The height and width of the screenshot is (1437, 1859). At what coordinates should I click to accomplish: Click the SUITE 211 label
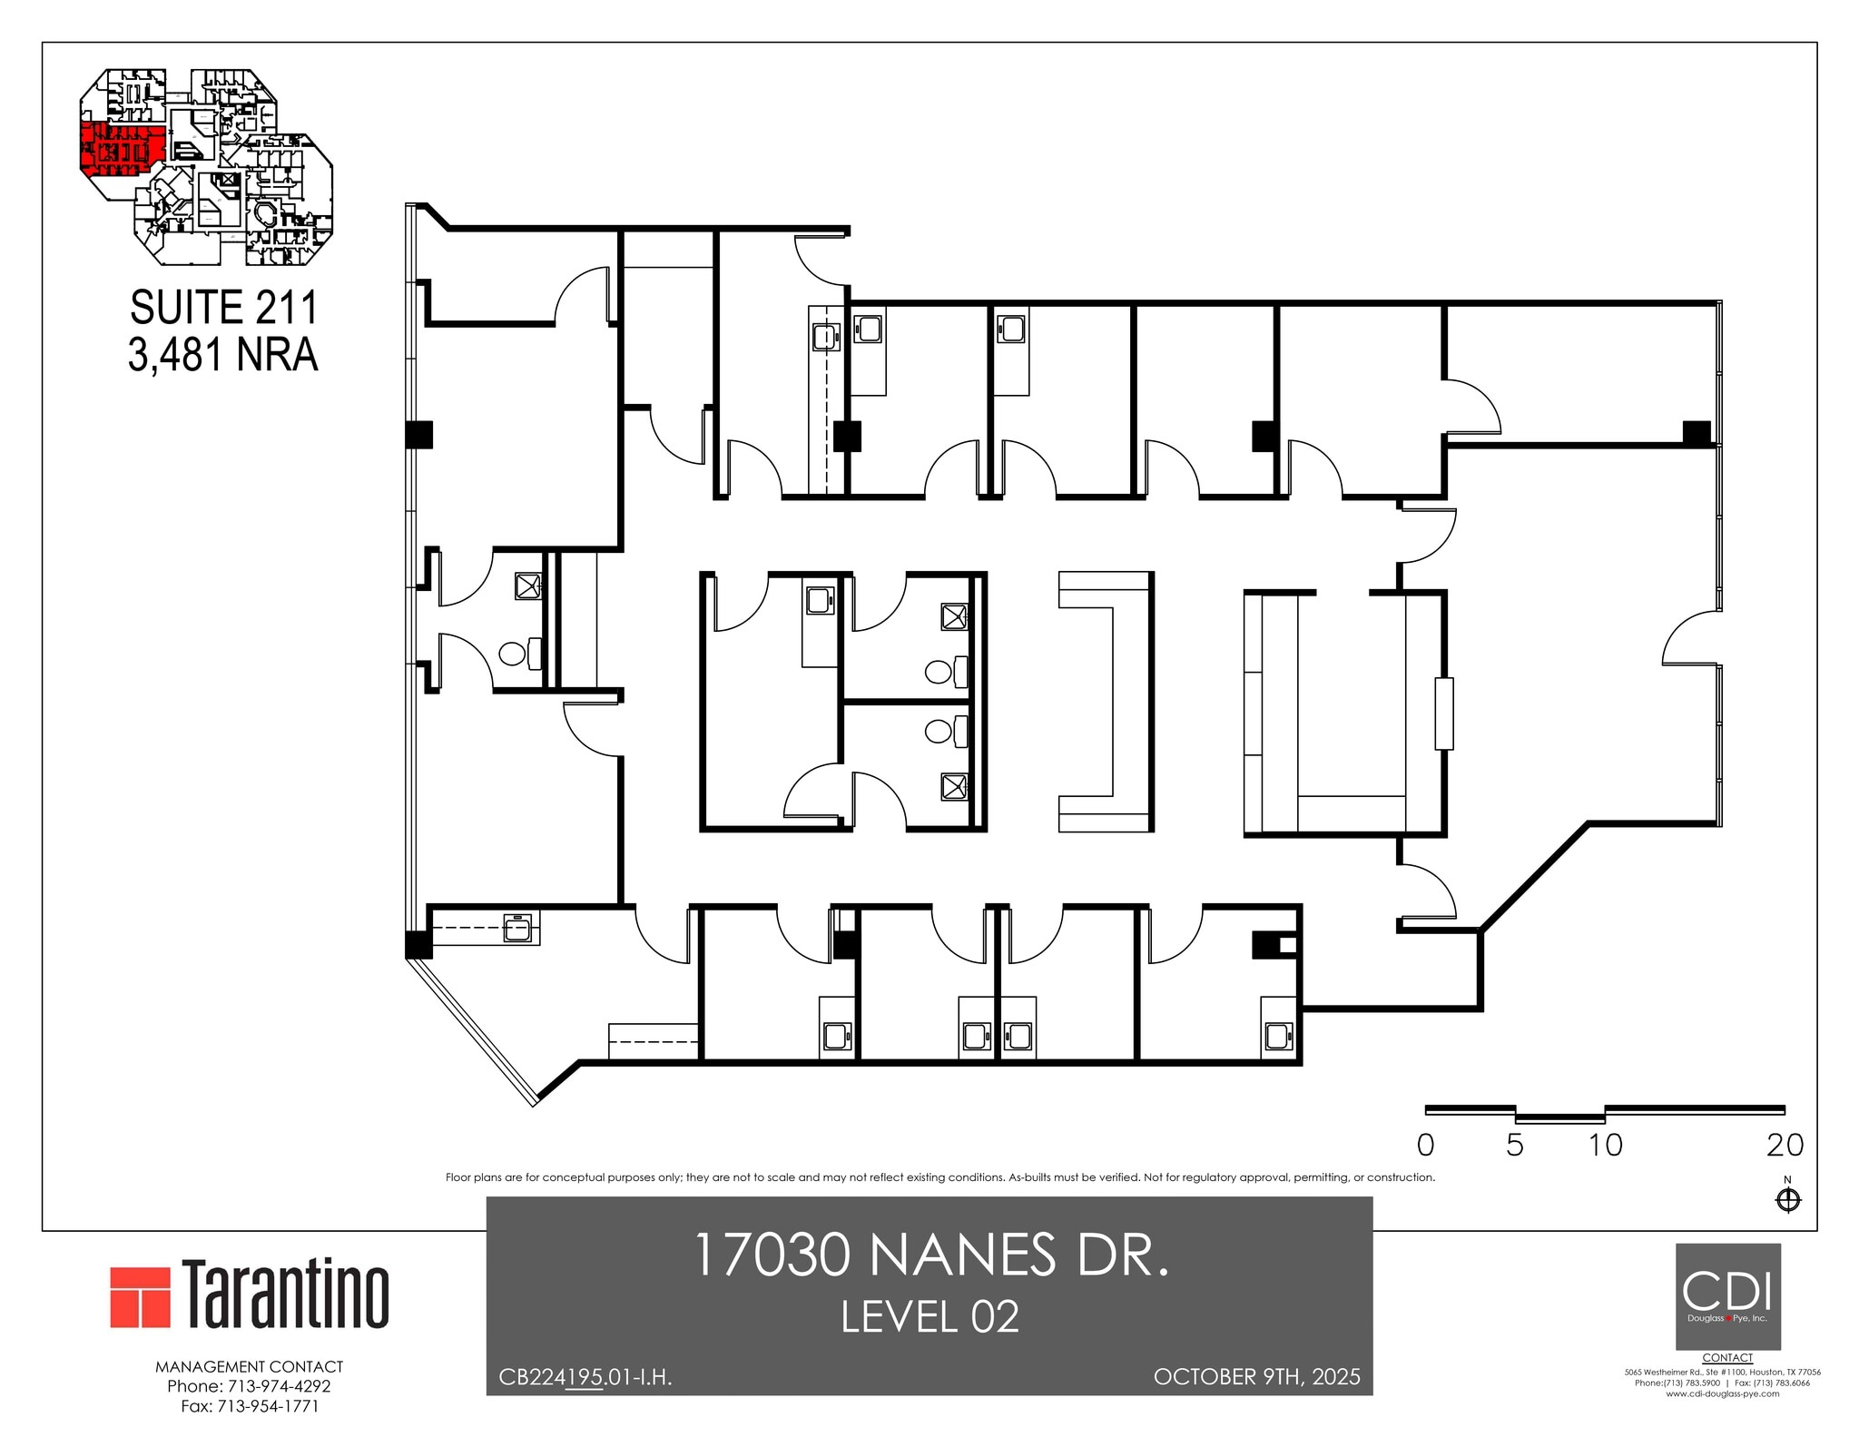tap(223, 308)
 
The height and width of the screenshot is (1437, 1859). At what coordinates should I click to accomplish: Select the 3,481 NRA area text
tap(223, 355)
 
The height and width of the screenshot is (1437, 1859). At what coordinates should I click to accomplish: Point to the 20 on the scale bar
tap(1785, 1145)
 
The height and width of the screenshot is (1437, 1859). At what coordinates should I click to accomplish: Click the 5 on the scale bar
tap(1514, 1145)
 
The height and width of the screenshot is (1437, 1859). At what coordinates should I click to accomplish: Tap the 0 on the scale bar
tap(1425, 1145)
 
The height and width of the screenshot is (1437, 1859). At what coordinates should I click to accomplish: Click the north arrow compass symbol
tap(1787, 1200)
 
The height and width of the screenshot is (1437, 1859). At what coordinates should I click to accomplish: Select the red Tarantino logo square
tap(141, 1296)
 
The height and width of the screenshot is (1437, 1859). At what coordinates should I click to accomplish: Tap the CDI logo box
tap(1727, 1295)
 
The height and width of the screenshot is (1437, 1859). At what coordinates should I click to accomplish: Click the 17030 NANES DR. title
tap(929, 1255)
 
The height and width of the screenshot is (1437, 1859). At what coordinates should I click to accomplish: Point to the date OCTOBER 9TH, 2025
tap(1256, 1376)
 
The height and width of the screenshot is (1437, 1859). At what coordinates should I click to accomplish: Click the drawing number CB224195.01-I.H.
tap(585, 1377)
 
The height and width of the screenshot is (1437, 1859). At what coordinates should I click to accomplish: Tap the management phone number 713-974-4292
tap(249, 1386)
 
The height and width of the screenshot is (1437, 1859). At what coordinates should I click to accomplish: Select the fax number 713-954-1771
tap(249, 1406)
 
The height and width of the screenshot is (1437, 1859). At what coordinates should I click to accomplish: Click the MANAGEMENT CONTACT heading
tap(249, 1366)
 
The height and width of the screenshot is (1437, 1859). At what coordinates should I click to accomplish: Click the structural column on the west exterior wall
tap(419, 435)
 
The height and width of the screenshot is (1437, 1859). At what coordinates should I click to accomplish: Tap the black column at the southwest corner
tap(418, 945)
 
